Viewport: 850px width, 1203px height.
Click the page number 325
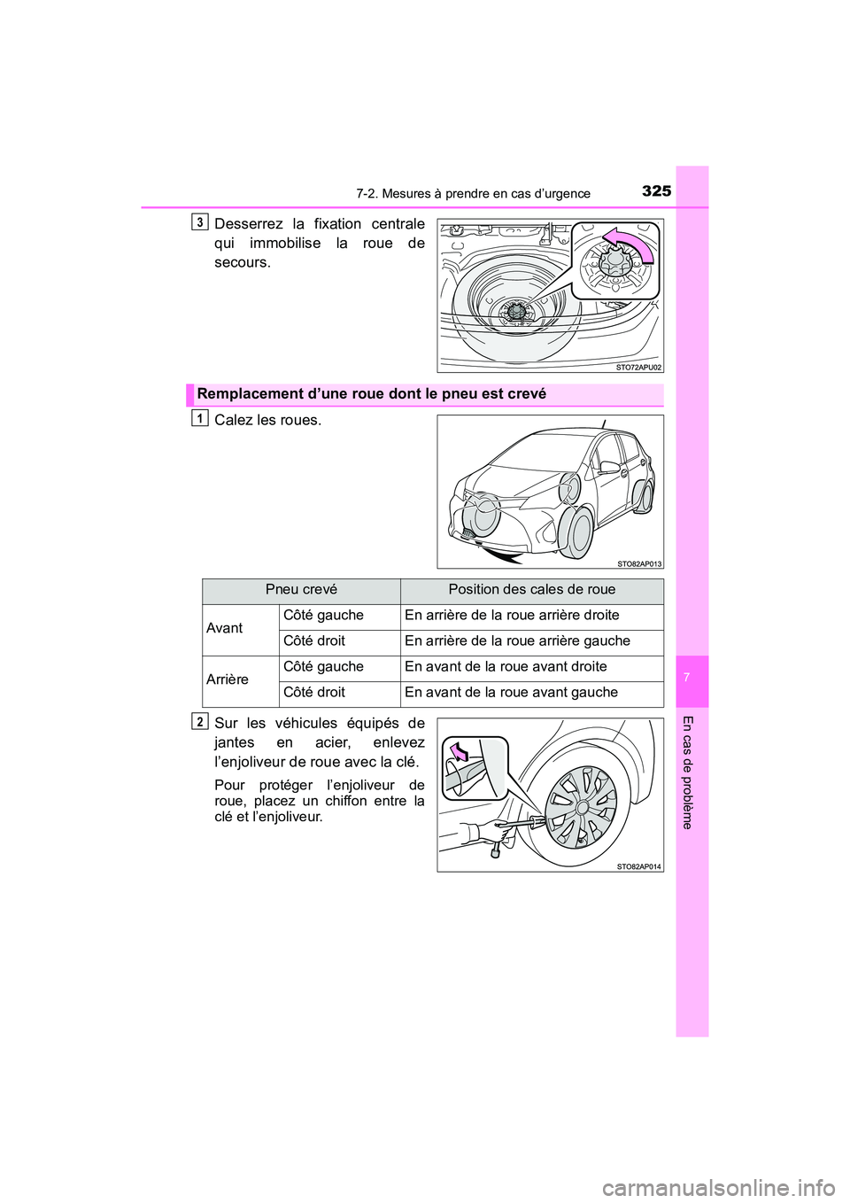[656, 190]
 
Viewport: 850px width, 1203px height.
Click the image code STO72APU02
[638, 367]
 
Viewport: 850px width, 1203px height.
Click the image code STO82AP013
[638, 563]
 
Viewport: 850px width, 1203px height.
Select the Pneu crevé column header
[301, 590]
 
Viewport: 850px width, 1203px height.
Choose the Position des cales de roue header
[531, 590]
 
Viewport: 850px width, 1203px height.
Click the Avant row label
[224, 628]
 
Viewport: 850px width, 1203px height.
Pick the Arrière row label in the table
[228, 679]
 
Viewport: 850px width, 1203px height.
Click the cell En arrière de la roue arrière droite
[512, 616]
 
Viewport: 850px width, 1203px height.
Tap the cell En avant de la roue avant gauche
[511, 693]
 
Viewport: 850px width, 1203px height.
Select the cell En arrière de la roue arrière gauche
[517, 641]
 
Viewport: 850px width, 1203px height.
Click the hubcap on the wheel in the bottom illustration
[581, 806]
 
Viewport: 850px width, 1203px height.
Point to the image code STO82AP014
[638, 866]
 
